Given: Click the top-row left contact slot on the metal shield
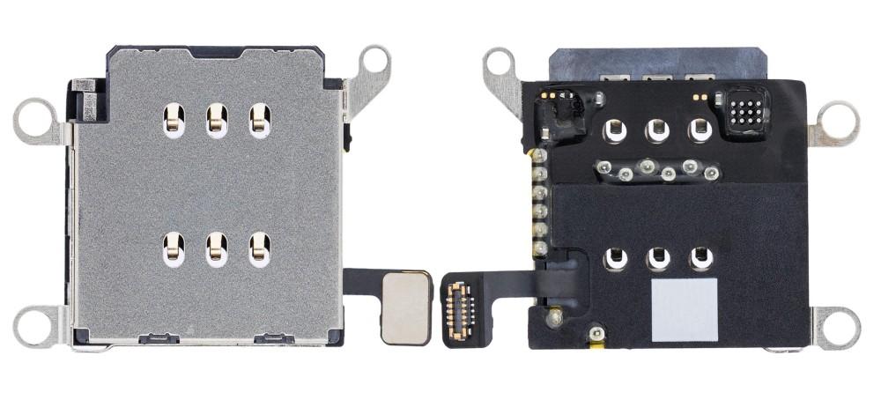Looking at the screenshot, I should click(174, 120).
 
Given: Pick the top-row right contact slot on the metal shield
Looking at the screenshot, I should click(259, 120).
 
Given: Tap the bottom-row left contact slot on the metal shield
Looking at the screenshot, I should click(174, 249).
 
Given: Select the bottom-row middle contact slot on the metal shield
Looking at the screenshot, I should click(216, 249).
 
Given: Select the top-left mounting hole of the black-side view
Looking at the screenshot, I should click(500, 63).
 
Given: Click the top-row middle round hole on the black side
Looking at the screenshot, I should click(656, 131).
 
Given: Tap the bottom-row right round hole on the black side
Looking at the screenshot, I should click(701, 259).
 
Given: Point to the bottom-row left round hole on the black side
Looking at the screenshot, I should click(614, 259).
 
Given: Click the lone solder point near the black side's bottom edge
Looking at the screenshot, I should click(596, 333).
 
